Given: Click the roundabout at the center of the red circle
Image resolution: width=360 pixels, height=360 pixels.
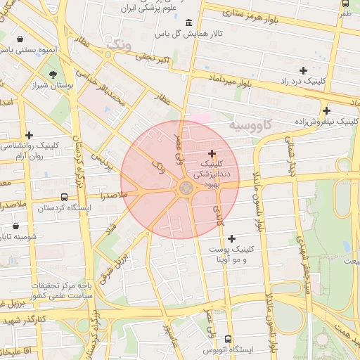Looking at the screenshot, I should click(186, 188).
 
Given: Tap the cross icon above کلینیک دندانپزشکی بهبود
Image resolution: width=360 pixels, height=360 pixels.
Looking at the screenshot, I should click(212, 153).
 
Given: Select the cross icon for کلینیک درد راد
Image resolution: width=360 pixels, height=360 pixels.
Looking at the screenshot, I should click(303, 70).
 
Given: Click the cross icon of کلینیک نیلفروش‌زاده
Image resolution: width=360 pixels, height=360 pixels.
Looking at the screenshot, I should click(326, 110).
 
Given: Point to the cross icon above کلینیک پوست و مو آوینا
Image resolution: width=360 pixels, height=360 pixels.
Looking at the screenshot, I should click(232, 238).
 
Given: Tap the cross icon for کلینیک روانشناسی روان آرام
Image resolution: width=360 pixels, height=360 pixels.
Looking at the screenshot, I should click(29, 135).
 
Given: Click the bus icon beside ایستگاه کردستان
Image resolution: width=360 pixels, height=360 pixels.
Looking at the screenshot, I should click(65, 198).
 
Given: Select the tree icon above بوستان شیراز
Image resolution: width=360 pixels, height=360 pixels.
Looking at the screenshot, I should click(53, 75).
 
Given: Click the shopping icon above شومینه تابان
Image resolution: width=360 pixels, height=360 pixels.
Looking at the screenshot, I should click(16, 226).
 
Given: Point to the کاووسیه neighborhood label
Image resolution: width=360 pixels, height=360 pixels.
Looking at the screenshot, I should click(250, 124).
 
